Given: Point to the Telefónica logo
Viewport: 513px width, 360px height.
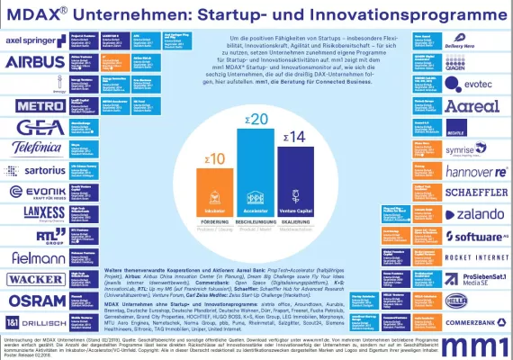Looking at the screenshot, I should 29,147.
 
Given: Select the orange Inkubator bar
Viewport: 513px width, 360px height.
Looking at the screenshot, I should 215,185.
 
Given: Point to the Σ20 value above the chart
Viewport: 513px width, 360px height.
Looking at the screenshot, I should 258,120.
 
